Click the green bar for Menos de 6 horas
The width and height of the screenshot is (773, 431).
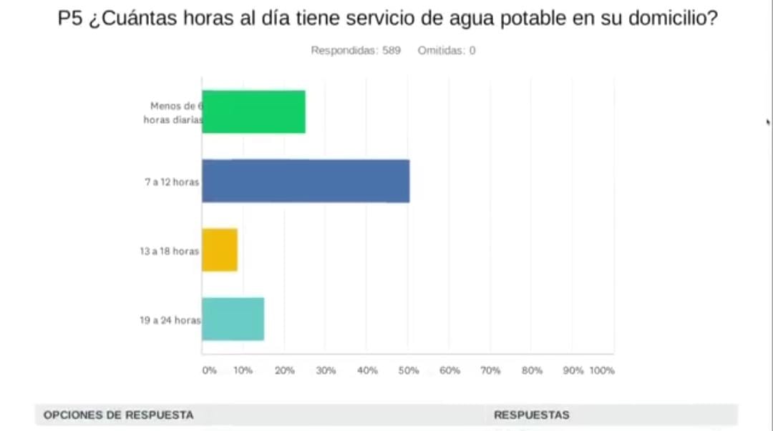click(253, 112)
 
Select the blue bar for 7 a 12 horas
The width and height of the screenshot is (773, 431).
click(306, 181)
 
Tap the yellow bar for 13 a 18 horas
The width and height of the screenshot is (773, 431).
click(219, 250)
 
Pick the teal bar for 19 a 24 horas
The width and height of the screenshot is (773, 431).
click(233, 319)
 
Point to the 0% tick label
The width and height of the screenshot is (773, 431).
click(209, 371)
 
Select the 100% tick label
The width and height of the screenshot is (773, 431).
click(602, 371)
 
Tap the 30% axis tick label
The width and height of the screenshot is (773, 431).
click(326, 371)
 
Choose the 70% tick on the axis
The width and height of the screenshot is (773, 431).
click(490, 371)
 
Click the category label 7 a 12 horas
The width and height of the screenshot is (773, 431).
click(172, 182)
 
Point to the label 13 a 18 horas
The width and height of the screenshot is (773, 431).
click(169, 252)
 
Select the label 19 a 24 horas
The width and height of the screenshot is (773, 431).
click(170, 321)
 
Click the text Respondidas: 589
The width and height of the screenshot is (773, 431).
click(355, 51)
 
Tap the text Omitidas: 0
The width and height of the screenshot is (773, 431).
click(447, 51)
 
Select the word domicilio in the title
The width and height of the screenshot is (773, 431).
click(672, 20)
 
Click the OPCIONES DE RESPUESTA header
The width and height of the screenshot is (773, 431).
click(118, 415)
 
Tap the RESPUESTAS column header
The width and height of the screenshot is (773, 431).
click(531, 415)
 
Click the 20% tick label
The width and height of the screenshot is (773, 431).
click(285, 371)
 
